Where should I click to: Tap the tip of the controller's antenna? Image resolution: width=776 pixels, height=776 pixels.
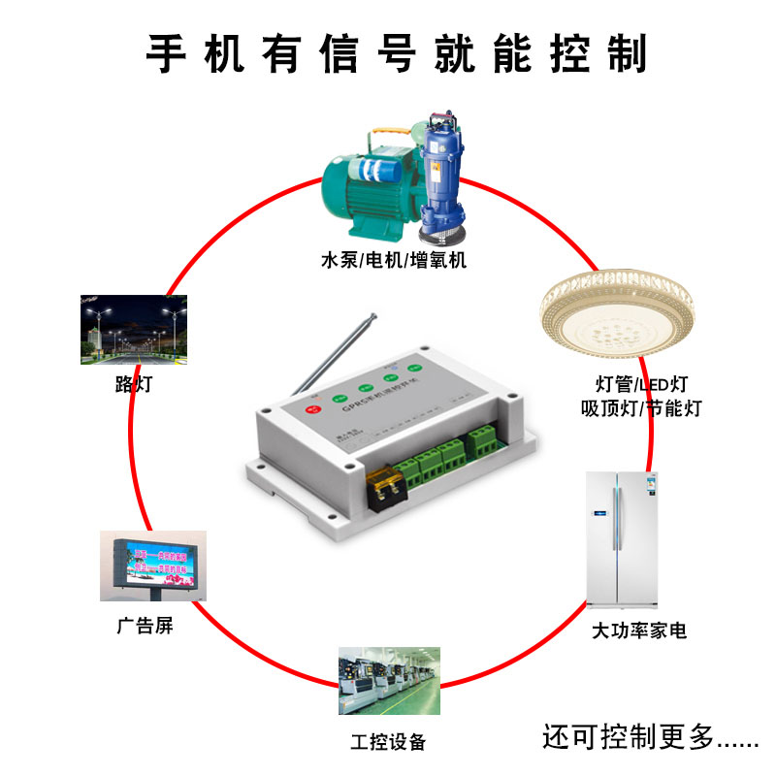click(x=373, y=314)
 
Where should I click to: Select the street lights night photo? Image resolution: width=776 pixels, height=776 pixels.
click(x=134, y=330)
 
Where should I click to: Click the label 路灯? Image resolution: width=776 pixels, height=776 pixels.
click(x=133, y=384)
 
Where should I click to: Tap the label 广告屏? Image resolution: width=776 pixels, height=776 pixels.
click(x=145, y=626)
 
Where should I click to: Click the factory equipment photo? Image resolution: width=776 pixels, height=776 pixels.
click(x=388, y=681)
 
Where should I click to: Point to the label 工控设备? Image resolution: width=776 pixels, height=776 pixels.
click(x=388, y=742)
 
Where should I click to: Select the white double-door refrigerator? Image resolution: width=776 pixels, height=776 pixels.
click(x=620, y=538)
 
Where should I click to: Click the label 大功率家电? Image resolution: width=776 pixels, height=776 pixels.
click(x=639, y=631)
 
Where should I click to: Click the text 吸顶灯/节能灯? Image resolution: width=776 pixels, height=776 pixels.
click(x=639, y=407)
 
